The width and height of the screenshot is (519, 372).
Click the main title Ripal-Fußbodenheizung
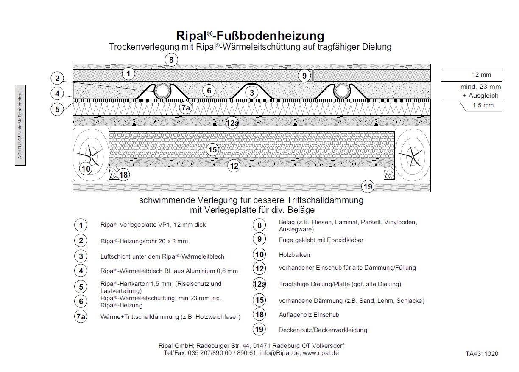pyautogui.click(x=250, y=36)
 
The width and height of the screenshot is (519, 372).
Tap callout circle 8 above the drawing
pyautogui.click(x=171, y=60)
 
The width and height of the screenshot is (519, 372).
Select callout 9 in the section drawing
pyautogui.click(x=304, y=76)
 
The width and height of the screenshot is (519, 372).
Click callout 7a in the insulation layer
pyautogui.click(x=186, y=108)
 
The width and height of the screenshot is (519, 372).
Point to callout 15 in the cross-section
pyautogui.click(x=212, y=149)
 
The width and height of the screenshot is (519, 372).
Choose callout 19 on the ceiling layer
pyautogui.click(x=368, y=186)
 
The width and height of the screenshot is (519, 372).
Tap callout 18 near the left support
pyautogui.click(x=123, y=175)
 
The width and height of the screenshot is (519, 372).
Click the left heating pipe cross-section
pyautogui.click(x=162, y=91)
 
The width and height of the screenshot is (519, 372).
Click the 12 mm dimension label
pyautogui.click(x=481, y=75)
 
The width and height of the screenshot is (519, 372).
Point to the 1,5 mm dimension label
pyautogui.click(x=483, y=105)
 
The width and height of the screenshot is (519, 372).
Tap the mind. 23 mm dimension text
pyautogui.click(x=480, y=87)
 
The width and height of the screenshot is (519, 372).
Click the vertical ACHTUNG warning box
pyautogui.click(x=20, y=125)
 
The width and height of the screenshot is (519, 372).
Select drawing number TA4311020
pyautogui.click(x=482, y=354)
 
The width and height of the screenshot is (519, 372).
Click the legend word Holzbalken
pyautogui.click(x=294, y=255)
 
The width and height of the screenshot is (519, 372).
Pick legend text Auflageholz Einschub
pyautogui.click(x=309, y=315)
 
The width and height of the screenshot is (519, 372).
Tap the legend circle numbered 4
pyautogui.click(x=81, y=271)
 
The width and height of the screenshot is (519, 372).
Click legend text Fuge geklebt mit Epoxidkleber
pyautogui.click(x=321, y=240)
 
